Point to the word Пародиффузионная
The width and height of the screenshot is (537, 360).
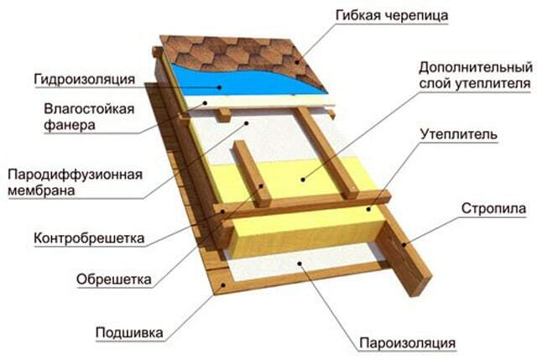tap(75, 175)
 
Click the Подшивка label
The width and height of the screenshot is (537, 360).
tap(127, 330)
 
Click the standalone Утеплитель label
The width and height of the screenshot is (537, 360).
tap(470, 134)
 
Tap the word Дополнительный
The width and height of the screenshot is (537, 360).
tap(475, 66)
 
